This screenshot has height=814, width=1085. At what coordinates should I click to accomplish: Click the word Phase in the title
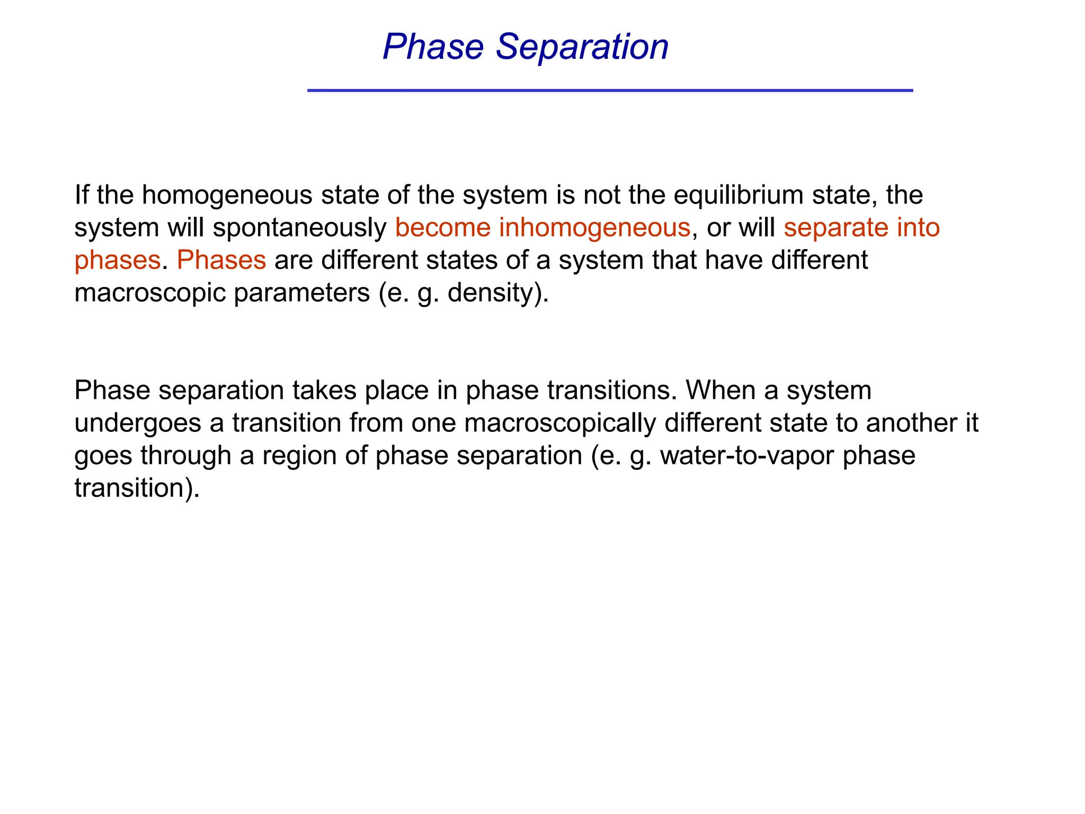433,47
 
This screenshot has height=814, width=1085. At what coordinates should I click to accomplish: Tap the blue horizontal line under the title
610,91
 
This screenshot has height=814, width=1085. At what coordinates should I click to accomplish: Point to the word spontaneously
300,228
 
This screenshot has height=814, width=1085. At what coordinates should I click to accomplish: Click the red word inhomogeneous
594,228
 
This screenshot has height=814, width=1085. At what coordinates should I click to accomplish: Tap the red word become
443,228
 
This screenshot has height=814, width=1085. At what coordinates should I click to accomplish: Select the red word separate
835,228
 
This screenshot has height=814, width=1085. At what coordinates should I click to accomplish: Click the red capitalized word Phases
221,260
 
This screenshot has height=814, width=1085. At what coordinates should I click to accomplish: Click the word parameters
301,293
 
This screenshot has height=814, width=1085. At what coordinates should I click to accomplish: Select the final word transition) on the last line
137,488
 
